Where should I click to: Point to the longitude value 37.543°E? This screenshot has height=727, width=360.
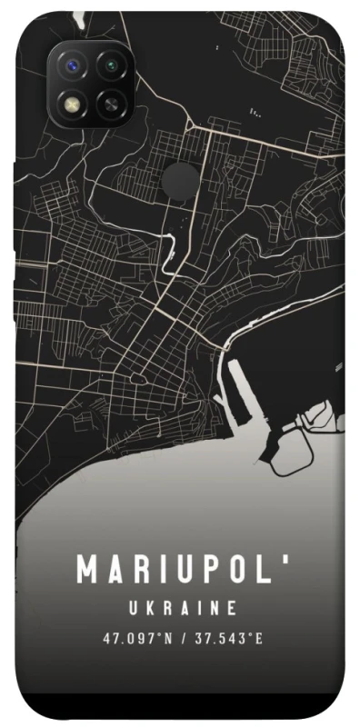coord(228,639)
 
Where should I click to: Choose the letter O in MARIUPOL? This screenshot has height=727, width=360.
coord(235,571)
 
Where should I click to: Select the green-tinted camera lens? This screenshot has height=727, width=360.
coord(111,66)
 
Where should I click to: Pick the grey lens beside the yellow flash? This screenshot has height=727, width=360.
coord(111,103)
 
